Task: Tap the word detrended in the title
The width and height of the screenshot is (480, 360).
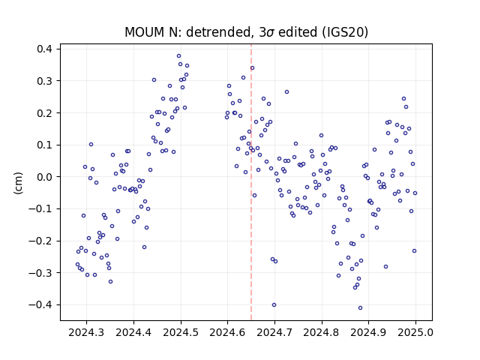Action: coord(217,32)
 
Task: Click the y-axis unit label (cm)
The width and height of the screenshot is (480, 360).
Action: coord(18,183)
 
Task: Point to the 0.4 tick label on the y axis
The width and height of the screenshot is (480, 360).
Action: coord(45,49)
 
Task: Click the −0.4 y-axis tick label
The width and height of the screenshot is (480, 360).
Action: coord(41,305)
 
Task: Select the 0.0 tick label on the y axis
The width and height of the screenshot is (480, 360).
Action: coord(45,177)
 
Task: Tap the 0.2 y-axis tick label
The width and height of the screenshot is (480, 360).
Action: coord(45,113)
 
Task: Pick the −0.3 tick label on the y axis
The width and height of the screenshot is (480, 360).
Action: coord(41,273)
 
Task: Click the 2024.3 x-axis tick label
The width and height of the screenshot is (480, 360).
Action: coord(86,332)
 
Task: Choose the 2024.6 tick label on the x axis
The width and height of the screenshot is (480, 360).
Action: coord(227,332)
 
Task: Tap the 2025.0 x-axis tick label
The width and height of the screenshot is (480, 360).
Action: coord(415,332)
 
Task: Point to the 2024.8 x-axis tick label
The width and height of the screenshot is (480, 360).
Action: coord(322,332)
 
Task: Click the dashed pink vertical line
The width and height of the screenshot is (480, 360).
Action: coord(251,182)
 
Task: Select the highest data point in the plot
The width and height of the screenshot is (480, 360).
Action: coord(178,55)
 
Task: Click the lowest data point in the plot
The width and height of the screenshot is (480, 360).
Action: coord(360,308)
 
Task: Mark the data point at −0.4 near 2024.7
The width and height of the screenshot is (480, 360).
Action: coord(274,305)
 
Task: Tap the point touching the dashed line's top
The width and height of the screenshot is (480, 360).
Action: coord(252,68)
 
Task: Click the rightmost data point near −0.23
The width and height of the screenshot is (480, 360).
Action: coord(415,250)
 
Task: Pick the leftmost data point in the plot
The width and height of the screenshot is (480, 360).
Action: coord(77,265)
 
